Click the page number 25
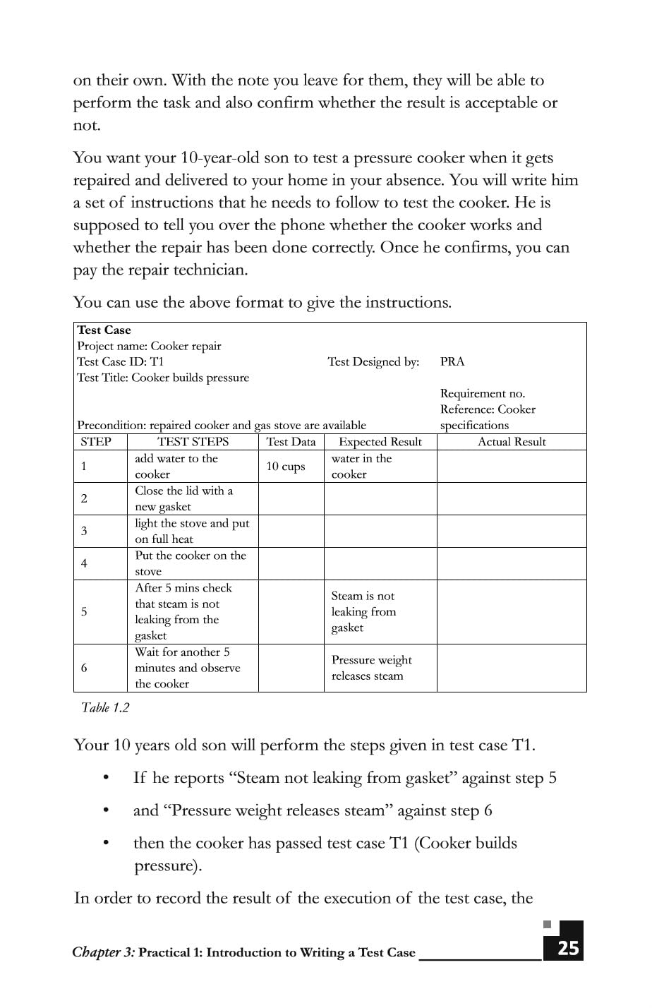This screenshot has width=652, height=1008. pyautogui.click(x=568, y=948)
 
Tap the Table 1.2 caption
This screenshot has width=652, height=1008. pyautogui.click(x=105, y=707)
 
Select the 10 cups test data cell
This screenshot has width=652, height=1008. pyautogui.click(x=285, y=467)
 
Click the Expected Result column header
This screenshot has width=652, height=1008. pyautogui.click(x=380, y=442)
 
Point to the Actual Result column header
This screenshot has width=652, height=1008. pyautogui.click(x=512, y=442)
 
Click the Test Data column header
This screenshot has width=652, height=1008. pyautogui.click(x=291, y=442)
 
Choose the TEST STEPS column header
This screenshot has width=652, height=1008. pyautogui.click(x=193, y=442)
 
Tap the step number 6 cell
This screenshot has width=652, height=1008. pyautogui.click(x=84, y=668)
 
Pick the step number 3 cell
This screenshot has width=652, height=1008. pyautogui.click(x=84, y=531)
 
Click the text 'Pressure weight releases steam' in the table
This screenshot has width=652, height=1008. pyautogui.click(x=371, y=668)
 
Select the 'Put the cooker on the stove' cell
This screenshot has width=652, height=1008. pyautogui.click(x=191, y=563)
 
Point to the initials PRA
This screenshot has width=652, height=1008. pyautogui.click(x=452, y=361)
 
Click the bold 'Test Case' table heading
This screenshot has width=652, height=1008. pyautogui.click(x=104, y=330)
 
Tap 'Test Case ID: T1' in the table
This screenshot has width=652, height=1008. pyautogui.click(x=120, y=361)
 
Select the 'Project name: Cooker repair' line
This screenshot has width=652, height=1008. pyautogui.click(x=149, y=346)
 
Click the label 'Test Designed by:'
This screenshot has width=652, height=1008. pyautogui.click(x=373, y=361)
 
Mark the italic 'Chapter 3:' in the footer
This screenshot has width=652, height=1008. pyautogui.click(x=103, y=952)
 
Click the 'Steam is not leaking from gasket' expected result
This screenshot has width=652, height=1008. pyautogui.click(x=363, y=611)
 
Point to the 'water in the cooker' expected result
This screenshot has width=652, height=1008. pyautogui.click(x=361, y=467)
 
